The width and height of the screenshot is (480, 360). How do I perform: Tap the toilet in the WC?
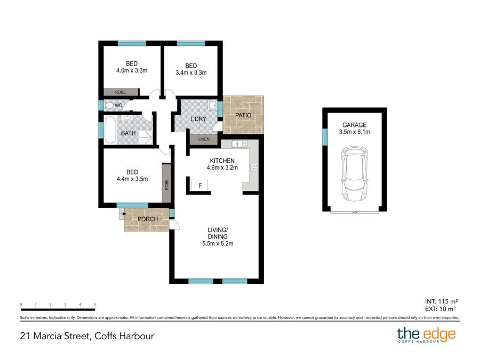(x=110, y=105)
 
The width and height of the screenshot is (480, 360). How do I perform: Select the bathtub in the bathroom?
(x=110, y=130)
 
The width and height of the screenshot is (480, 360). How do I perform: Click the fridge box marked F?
(x=199, y=186)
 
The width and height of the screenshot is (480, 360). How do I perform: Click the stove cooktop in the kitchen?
(x=254, y=167)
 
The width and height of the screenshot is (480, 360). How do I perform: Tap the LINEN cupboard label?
(x=204, y=140)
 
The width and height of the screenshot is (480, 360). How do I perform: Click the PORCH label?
(x=148, y=219)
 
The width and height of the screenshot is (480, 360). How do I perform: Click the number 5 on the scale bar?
(x=95, y=304)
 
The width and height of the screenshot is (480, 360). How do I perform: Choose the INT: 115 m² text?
(x=440, y=300)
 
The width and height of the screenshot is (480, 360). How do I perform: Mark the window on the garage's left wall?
(x=324, y=137)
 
